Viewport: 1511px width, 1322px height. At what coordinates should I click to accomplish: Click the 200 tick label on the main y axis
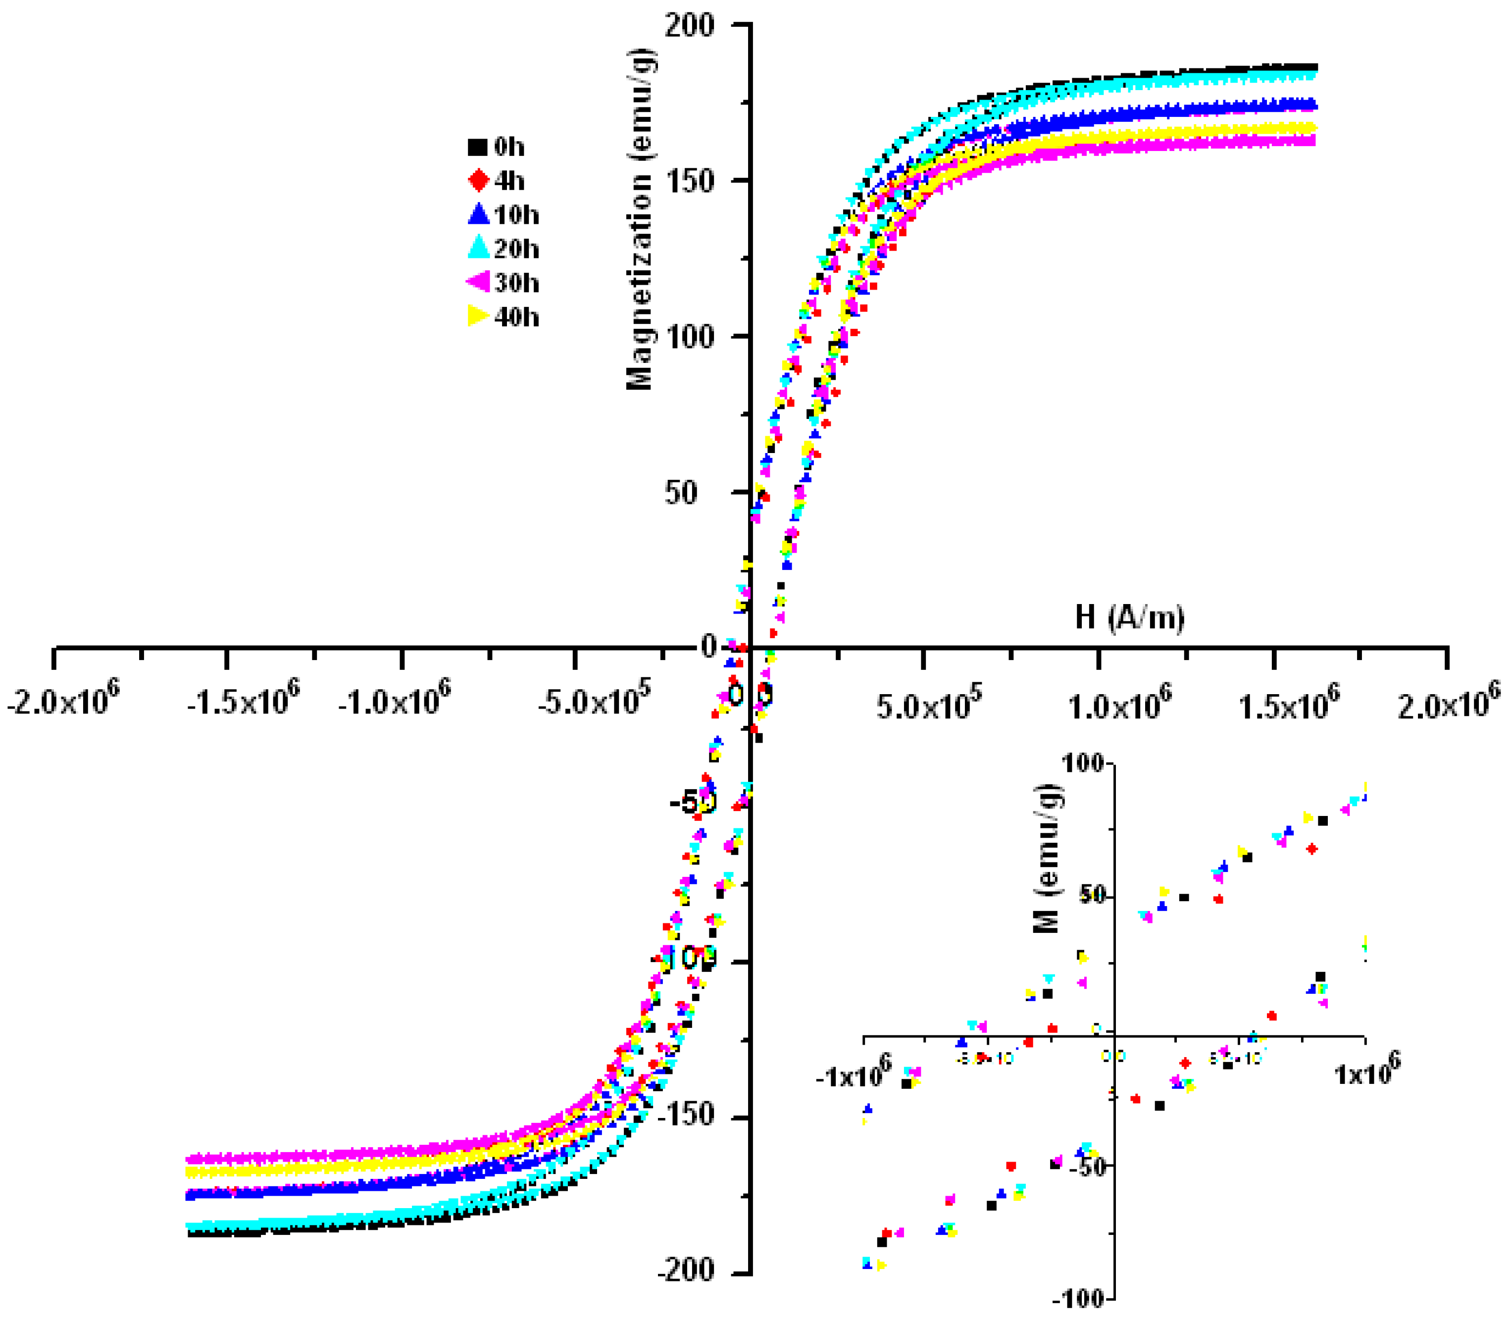pos(689,26)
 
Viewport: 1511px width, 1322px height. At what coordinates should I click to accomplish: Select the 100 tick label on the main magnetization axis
pos(689,337)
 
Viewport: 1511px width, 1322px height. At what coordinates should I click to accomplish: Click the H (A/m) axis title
pos(1129,617)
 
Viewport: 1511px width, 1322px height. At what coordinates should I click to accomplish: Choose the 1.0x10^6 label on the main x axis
pos(1120,702)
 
